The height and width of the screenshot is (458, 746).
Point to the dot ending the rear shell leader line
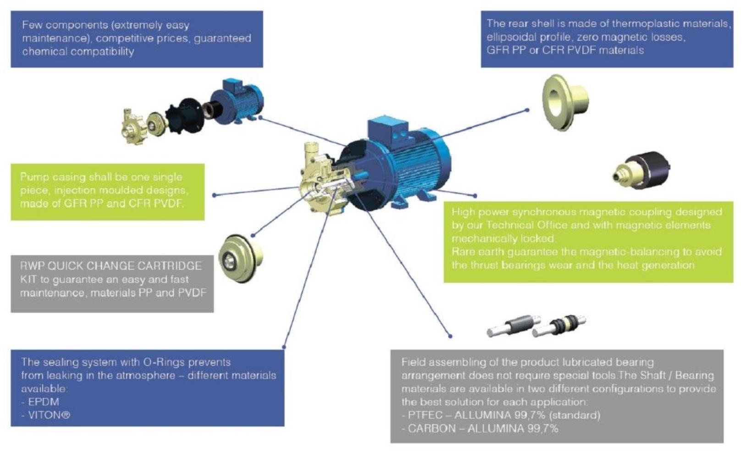[527, 110]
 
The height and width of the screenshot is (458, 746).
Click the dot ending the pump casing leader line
[215, 196]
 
